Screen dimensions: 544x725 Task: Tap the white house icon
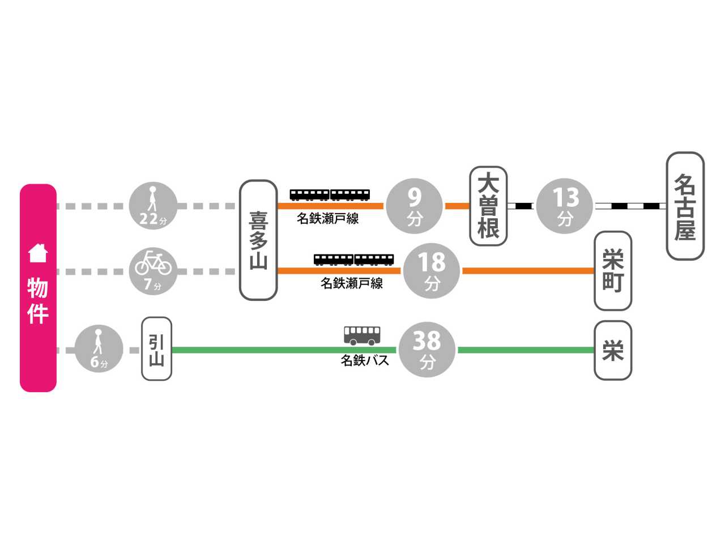point(38,253)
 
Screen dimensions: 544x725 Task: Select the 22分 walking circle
point(153,206)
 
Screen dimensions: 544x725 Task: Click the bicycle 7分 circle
point(153,270)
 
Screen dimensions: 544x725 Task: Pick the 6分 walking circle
point(99,349)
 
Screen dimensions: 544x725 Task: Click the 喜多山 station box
point(258,240)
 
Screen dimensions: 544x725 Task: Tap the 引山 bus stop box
point(156,348)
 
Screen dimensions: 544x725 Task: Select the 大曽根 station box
point(488,206)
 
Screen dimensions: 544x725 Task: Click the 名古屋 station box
point(685,206)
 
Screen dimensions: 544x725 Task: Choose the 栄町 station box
point(613,271)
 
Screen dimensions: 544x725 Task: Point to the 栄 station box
point(613,350)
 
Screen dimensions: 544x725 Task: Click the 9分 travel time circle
point(414,206)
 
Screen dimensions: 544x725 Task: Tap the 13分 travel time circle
point(565,206)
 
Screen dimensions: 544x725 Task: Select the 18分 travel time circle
point(432,271)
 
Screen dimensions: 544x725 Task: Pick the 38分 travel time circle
point(427,349)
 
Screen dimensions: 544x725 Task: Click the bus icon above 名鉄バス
point(362,335)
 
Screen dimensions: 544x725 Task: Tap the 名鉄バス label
point(365,360)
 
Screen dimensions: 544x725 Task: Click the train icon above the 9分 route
point(330,195)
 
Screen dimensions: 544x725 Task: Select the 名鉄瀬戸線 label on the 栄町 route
point(352,283)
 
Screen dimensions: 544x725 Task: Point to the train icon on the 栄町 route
point(354,260)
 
